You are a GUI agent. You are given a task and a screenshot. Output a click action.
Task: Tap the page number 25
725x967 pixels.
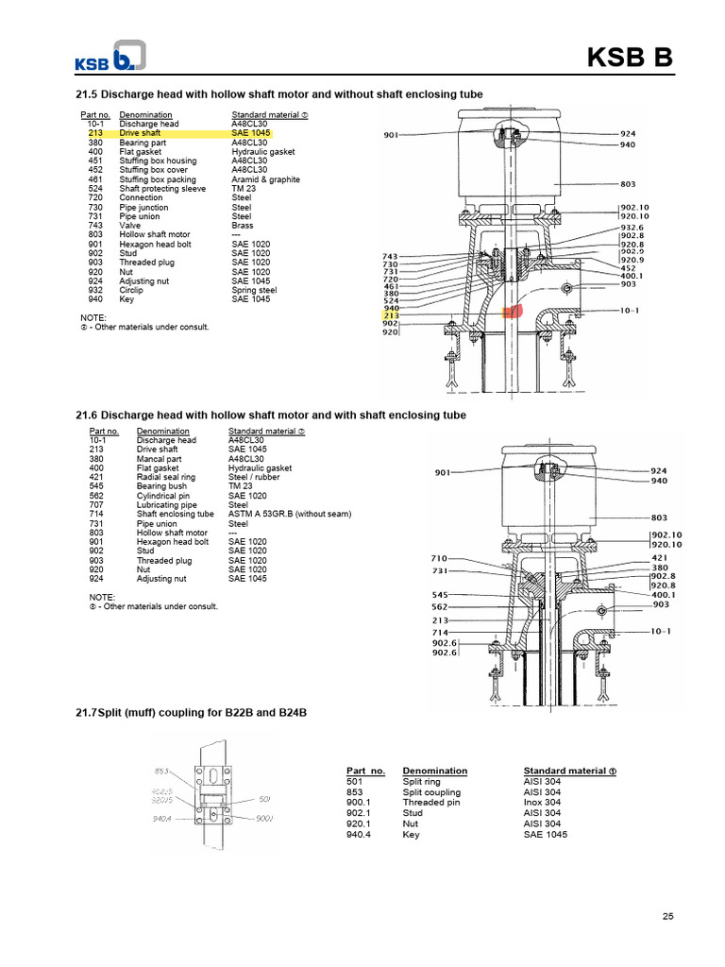click(x=668, y=915)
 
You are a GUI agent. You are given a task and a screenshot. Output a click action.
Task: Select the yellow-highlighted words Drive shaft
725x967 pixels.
click(x=140, y=133)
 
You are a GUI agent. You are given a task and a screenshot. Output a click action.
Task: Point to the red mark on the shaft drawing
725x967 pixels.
click(x=513, y=310)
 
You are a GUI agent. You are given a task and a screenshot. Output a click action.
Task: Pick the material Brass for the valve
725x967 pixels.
click(x=242, y=226)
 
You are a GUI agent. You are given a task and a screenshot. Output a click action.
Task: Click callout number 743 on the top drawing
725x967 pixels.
click(x=391, y=256)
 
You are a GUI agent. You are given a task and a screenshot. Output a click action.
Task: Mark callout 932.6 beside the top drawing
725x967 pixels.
click(x=632, y=228)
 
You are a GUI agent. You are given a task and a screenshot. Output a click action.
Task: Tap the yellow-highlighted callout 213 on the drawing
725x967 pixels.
click(x=391, y=315)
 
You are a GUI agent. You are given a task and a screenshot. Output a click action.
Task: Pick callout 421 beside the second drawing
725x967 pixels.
click(x=659, y=557)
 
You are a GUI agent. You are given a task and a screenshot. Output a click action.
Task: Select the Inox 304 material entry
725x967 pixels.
click(x=544, y=803)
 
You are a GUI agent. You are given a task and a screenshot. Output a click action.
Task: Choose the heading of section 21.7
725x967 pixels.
click(x=191, y=711)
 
